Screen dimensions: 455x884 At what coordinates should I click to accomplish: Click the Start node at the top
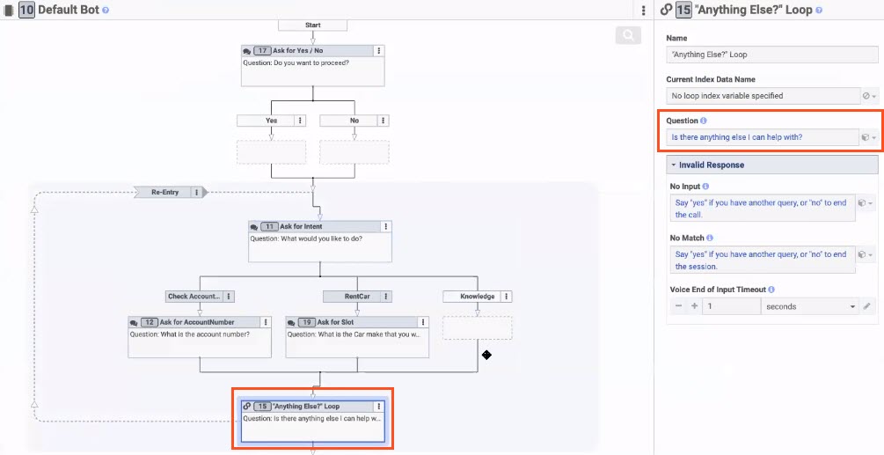312,25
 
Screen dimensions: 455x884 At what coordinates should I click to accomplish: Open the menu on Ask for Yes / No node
378,51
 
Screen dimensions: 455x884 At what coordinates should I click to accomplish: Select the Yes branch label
272,121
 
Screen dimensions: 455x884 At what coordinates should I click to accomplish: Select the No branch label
354,121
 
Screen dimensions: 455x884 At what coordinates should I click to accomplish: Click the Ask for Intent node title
302,226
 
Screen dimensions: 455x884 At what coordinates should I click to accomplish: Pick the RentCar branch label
350,297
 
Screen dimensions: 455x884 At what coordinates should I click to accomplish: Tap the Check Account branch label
193,297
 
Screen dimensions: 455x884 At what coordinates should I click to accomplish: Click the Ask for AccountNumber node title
197,322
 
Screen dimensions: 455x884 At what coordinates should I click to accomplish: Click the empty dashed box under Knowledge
477,327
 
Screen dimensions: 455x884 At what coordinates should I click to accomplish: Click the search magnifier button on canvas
628,35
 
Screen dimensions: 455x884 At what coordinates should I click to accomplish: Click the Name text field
771,55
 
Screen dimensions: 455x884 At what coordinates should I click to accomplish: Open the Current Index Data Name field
762,95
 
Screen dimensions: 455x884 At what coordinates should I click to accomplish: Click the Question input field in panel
762,137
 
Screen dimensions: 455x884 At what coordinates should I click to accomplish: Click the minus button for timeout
678,306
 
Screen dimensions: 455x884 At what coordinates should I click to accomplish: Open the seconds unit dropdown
809,306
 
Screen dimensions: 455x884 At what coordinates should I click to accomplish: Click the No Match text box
761,260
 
